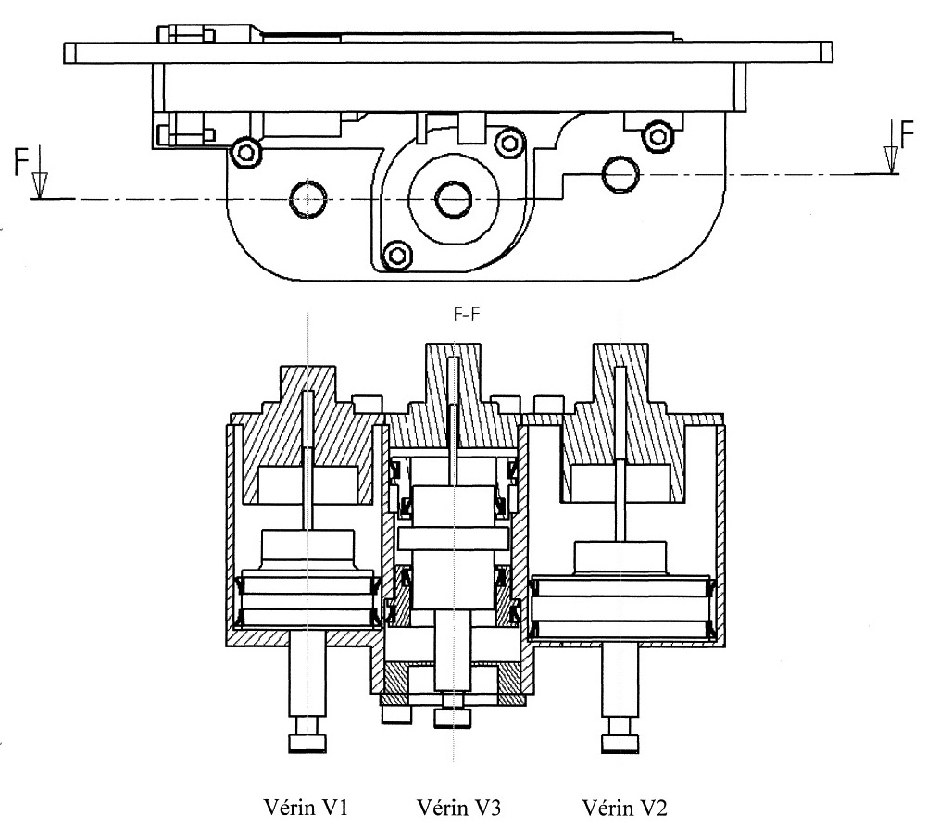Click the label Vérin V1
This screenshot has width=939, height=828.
click(x=306, y=807)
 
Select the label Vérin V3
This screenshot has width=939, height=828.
click(x=458, y=807)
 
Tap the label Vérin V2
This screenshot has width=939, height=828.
click(x=624, y=807)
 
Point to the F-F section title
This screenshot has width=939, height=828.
click(x=467, y=314)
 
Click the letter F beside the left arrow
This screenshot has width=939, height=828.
click(x=22, y=162)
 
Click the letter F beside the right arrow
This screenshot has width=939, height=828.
click(x=907, y=134)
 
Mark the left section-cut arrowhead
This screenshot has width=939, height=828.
click(x=40, y=185)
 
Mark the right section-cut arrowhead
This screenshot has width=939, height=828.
click(x=891, y=159)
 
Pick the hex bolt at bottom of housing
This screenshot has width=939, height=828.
click(x=397, y=256)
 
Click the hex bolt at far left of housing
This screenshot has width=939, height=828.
click(x=246, y=152)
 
